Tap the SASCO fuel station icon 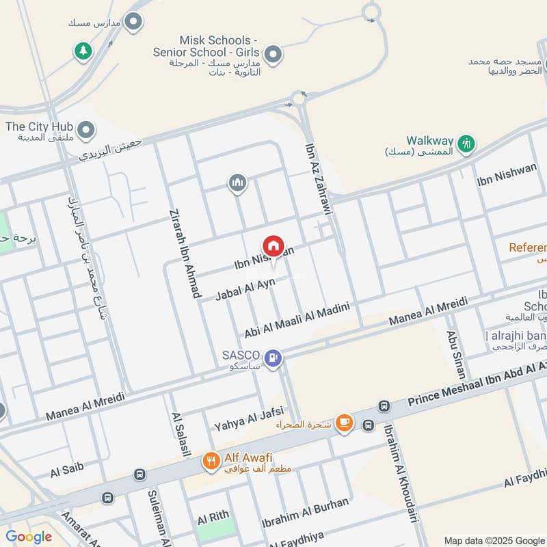[273, 357]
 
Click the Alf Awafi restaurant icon [211, 461]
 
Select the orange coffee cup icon [344, 423]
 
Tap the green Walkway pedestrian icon [467, 144]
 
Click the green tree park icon [83, 51]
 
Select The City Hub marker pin [85, 129]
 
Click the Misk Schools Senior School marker [273, 55]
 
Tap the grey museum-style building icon [237, 183]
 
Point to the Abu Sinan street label [456, 354]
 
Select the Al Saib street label [67, 470]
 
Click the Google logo [29, 537]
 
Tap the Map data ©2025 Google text [494, 539]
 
